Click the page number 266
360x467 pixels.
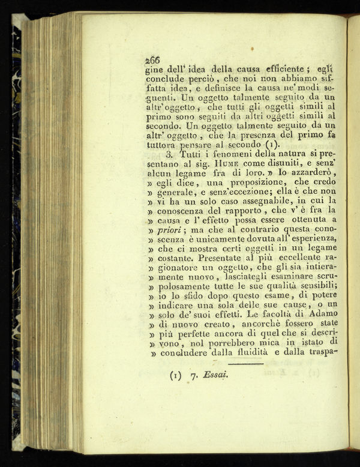(x=152, y=59)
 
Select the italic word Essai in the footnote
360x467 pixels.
(x=214, y=376)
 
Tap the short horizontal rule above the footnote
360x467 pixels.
(x=246, y=364)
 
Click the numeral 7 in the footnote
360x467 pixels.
(x=194, y=377)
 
